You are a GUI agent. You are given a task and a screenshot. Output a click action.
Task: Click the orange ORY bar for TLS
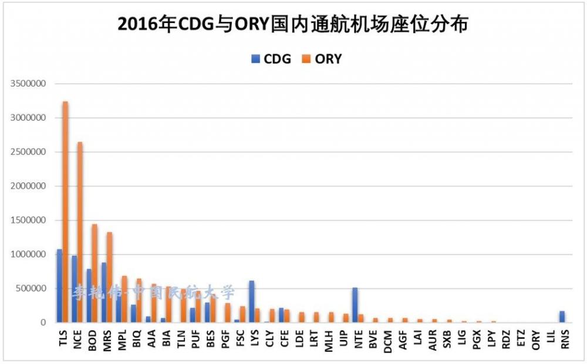coord(65,212)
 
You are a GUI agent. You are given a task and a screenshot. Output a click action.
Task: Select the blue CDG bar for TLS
coord(59,286)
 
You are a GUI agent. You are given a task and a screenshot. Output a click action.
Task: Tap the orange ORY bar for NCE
coord(80,232)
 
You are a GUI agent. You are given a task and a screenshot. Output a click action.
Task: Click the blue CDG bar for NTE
coord(355,305)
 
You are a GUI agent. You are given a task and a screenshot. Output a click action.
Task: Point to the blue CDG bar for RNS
coord(562,317)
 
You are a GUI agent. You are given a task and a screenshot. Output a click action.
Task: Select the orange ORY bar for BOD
coord(95,273)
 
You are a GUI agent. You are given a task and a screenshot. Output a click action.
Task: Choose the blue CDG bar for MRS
coord(104,292)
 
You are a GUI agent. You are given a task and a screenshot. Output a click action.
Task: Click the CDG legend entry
coord(271,59)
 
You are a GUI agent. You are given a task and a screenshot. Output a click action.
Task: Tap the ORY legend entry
coord(322,59)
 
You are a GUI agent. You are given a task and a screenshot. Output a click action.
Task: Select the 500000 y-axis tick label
coord(30,288)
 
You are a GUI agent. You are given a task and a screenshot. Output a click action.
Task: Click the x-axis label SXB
coord(448,340)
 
